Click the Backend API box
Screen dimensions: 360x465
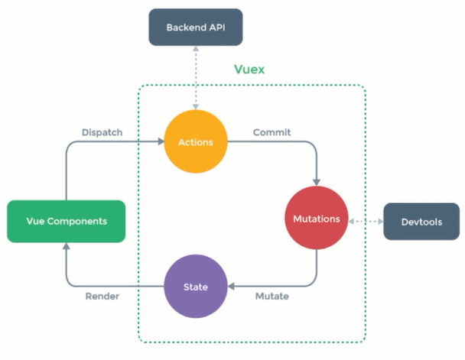194,28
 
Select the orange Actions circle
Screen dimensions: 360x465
195,142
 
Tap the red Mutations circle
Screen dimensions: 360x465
316,219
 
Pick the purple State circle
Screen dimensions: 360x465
195,287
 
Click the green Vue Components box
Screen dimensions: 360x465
66,221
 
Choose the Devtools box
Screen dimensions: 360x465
421,222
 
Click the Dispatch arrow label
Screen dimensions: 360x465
102,132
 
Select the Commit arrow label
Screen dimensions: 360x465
272,132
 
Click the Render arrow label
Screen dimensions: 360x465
102,297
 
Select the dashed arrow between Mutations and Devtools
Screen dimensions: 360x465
365,222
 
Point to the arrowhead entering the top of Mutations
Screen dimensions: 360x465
317,183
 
